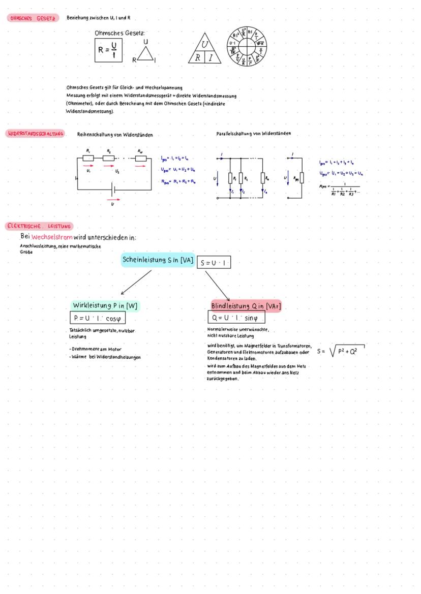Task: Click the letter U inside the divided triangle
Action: pos(205,46)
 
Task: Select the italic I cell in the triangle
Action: pos(211,58)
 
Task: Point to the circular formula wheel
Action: pos(247,46)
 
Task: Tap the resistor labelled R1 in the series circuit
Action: pos(88,159)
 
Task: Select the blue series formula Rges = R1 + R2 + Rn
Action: pos(178,181)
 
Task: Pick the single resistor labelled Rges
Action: pos(302,178)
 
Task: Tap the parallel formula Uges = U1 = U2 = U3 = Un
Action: pos(344,173)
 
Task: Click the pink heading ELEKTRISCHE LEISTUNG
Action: pos(40,226)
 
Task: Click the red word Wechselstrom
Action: pos(52,237)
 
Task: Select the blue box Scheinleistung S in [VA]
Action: pos(158,260)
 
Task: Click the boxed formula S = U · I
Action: pos(214,263)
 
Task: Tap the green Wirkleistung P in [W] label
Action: pos(105,306)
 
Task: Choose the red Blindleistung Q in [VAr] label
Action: pos(246,306)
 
